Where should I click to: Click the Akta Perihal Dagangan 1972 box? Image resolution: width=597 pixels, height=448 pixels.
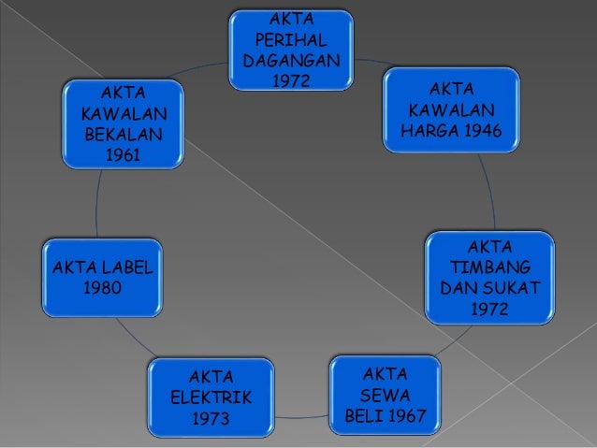[x=291, y=50]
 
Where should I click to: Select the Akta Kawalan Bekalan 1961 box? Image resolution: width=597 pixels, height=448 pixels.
[x=123, y=124]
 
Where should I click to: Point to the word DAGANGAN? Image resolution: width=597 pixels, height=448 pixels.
[x=291, y=61]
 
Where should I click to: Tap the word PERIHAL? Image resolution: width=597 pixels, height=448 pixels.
[x=291, y=40]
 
